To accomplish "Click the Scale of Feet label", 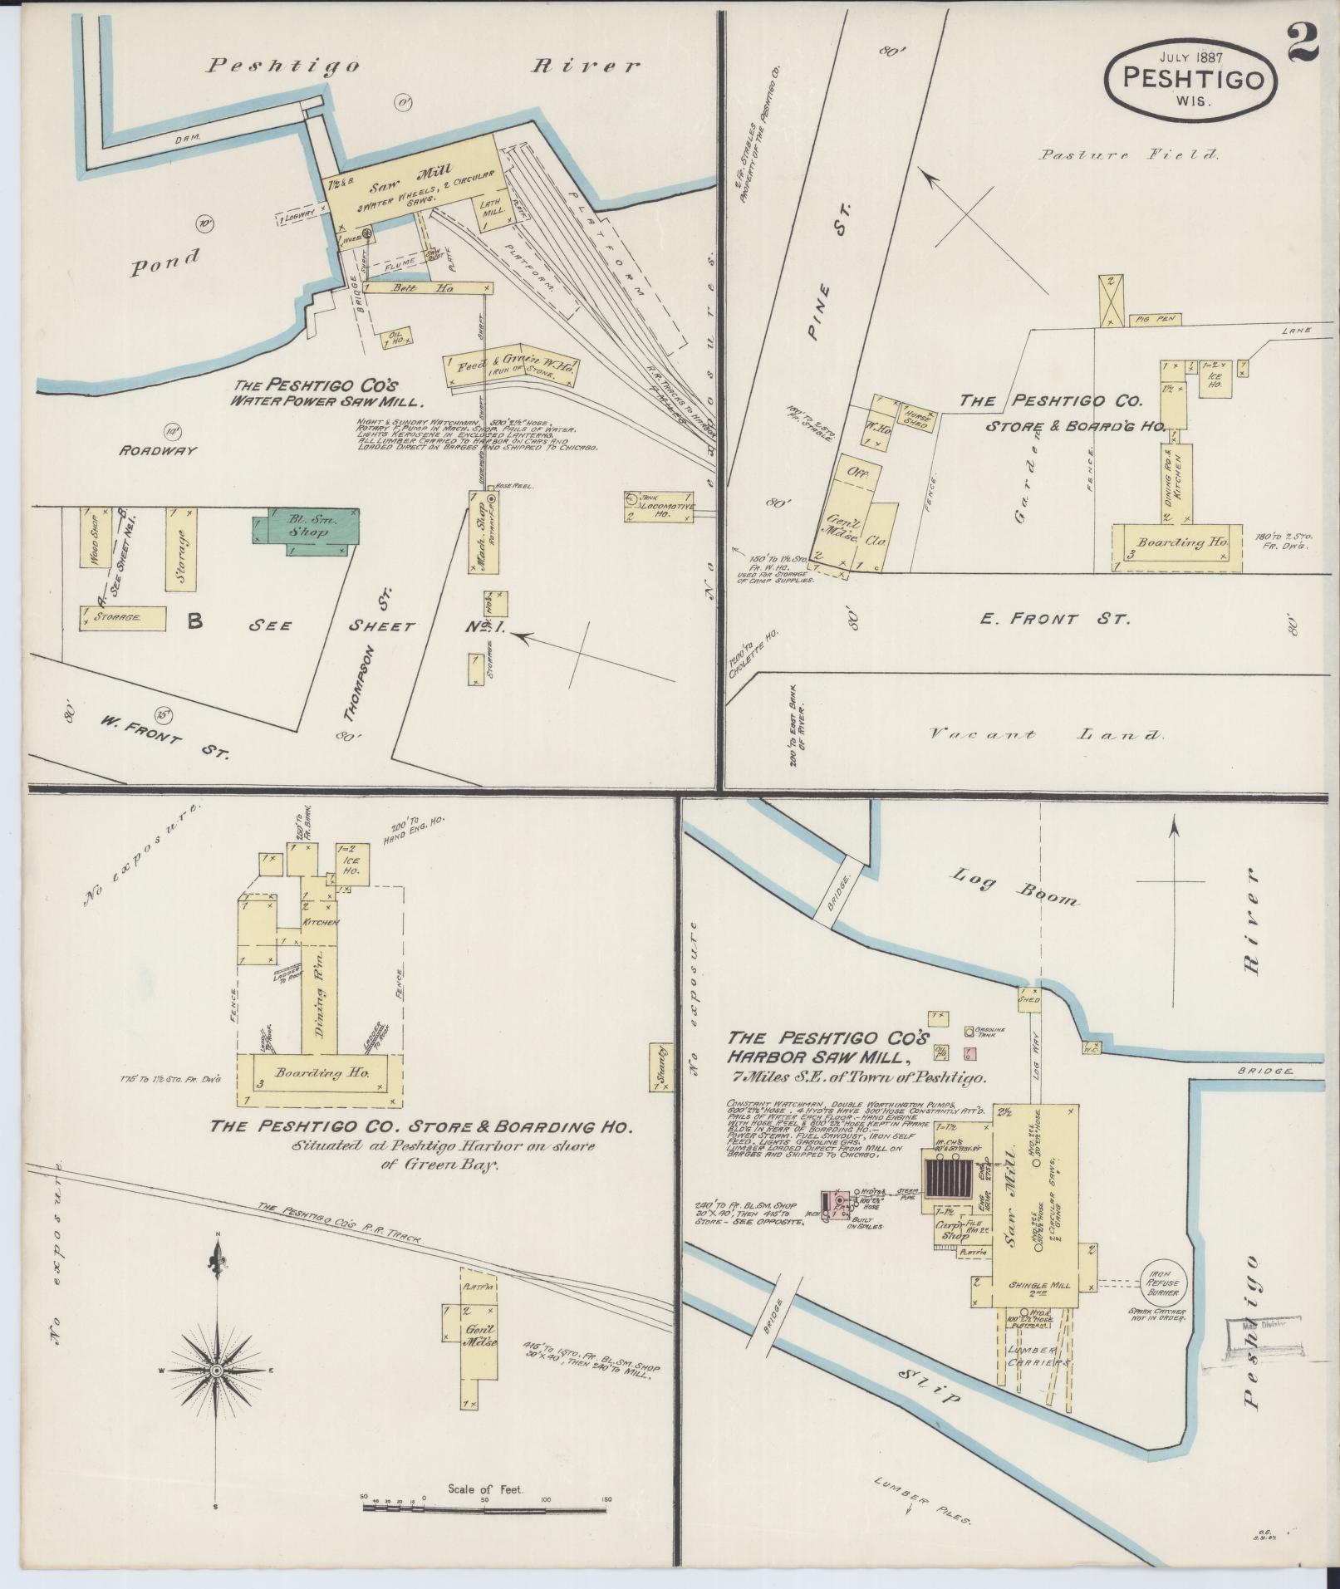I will pyautogui.click(x=485, y=1488).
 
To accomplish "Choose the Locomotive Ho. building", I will pyautogui.click(x=659, y=506).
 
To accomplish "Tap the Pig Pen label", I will pyautogui.click(x=1153, y=319).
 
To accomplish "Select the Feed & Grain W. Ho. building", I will pyautogui.click(x=510, y=365).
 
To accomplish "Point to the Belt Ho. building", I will pyautogui.click(x=425, y=287).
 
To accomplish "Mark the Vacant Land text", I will pyautogui.click(x=1046, y=734).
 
